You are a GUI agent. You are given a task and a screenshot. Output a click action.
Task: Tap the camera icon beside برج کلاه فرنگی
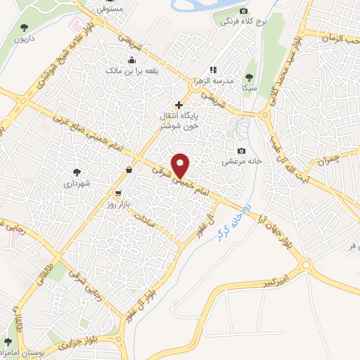244,11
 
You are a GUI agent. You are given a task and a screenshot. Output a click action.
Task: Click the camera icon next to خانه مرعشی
243,151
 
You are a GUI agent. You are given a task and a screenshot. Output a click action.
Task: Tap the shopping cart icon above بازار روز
118,191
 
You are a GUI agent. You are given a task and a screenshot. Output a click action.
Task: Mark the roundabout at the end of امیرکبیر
307,264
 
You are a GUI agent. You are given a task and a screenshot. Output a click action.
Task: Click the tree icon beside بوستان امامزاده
8,341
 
